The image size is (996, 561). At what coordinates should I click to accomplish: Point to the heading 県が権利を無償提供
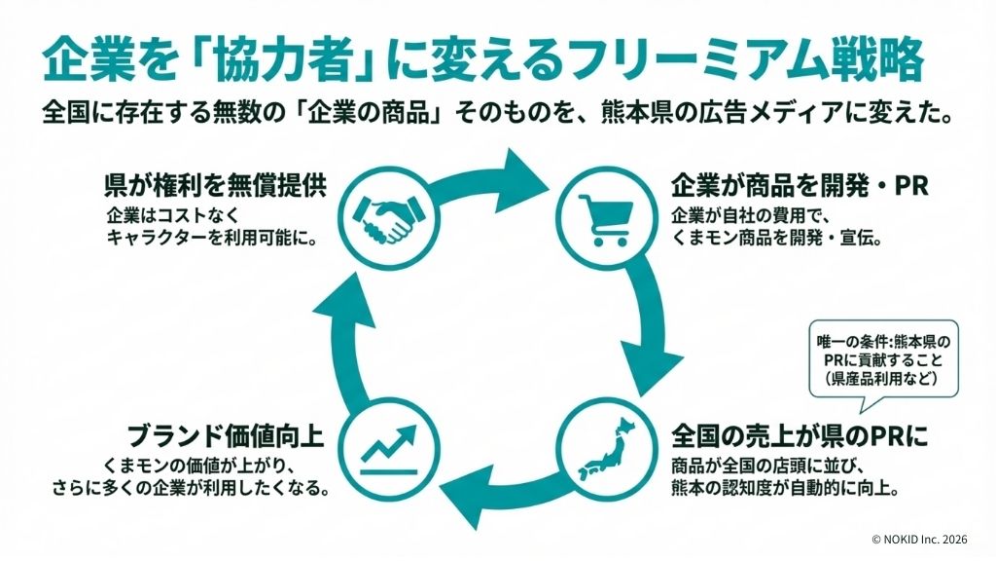click(213, 184)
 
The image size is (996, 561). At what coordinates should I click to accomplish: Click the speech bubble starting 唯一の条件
click(883, 359)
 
